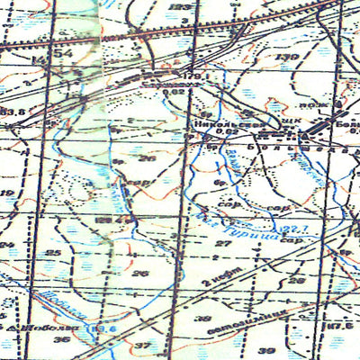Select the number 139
click(x=288, y=58)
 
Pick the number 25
click(x=53, y=252)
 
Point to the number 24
click(x=7, y=244)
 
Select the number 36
click(x=61, y=339)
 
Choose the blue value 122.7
click(x=293, y=209)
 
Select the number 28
click(x=298, y=280)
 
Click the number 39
click(x=265, y=349)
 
